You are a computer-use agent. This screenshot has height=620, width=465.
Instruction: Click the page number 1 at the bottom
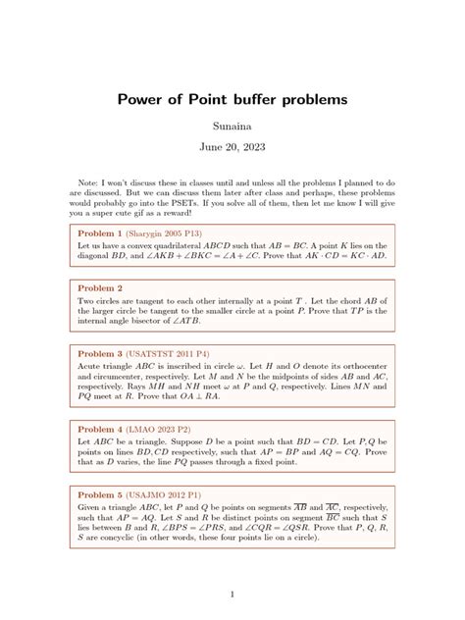coord(232,594)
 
